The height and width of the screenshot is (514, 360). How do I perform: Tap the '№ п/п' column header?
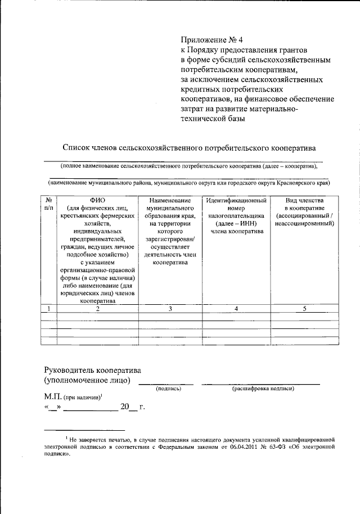(49, 204)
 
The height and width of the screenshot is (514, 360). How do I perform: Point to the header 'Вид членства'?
(304, 200)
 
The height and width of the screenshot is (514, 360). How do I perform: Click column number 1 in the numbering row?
(49, 308)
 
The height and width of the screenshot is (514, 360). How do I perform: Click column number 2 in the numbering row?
(97, 308)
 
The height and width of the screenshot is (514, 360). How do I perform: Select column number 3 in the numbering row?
(170, 308)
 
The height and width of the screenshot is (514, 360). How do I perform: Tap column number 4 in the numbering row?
(236, 308)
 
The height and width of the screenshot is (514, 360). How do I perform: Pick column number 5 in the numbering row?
(304, 308)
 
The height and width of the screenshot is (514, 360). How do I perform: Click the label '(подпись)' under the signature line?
(169, 389)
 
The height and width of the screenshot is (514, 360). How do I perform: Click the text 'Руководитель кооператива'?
(93, 370)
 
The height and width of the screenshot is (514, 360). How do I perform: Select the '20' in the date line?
(125, 408)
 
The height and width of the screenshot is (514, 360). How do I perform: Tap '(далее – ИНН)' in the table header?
(236, 223)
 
